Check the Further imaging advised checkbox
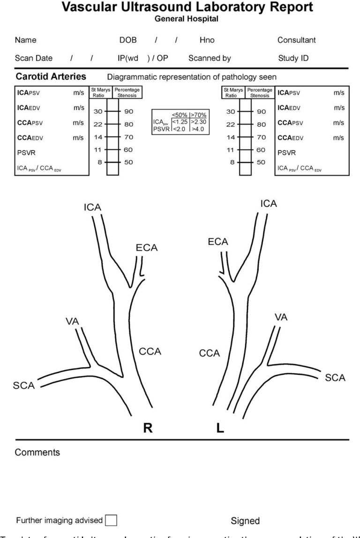tap(111, 520)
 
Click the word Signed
tap(244, 521)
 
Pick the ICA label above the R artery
tap(93, 207)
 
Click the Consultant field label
tap(297, 41)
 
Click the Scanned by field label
tap(210, 59)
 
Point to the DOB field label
tap(128, 41)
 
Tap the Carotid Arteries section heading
tap(49, 76)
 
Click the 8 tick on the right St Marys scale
tap(230, 162)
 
